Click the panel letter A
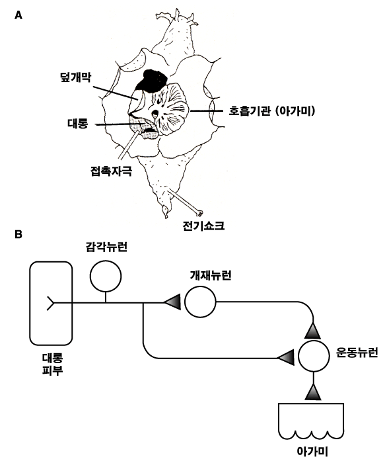[18, 15]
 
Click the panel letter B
[18, 234]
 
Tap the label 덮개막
[75, 77]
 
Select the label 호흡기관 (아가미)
[272, 111]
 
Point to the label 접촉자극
[111, 171]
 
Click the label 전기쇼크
[203, 225]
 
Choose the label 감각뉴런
[106, 247]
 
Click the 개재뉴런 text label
[211, 275]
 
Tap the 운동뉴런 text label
[357, 353]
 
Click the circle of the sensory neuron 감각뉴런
[106, 276]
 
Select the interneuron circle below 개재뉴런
[200, 302]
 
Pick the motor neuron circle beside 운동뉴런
[314, 356]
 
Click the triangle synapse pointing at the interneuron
[172, 302]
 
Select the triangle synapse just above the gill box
[313, 392]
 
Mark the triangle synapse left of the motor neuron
[285, 358]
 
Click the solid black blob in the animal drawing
[152, 80]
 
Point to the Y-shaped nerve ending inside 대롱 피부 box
[50, 303]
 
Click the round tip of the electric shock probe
[200, 213]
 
